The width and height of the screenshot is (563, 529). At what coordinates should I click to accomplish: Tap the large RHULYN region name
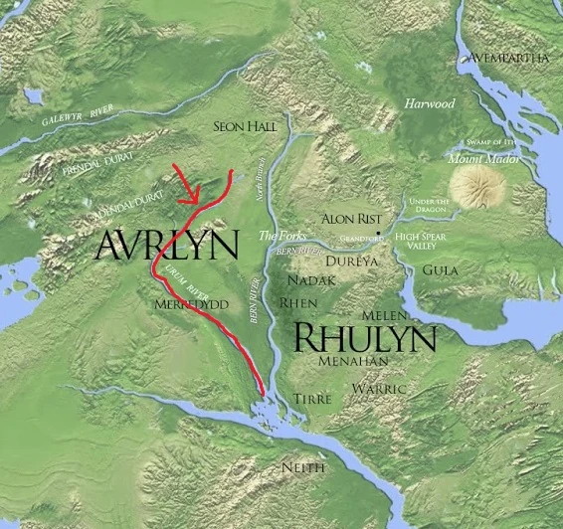coord(364,339)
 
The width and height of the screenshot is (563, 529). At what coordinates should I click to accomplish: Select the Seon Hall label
coord(246,126)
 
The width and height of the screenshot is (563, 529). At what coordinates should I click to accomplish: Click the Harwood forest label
coord(430,102)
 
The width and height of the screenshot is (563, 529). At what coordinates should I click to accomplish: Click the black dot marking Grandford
coord(379,236)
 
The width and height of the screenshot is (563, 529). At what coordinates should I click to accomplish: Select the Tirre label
coord(309,398)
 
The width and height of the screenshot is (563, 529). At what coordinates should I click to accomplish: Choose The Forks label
coord(279,236)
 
